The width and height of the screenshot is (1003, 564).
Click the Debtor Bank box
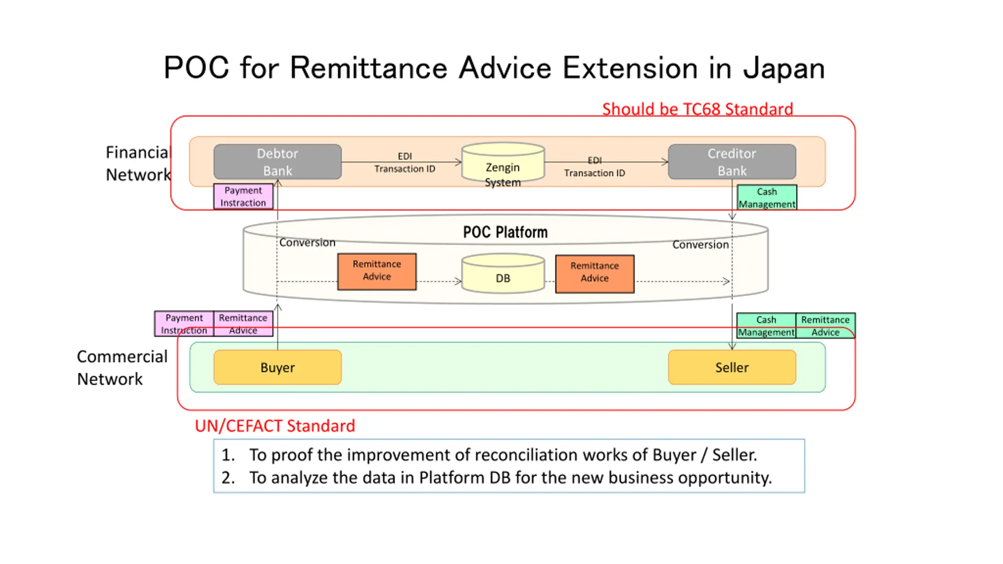pos(277,162)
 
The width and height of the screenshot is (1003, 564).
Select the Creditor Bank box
pos(731,162)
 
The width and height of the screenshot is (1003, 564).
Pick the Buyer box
pos(277,367)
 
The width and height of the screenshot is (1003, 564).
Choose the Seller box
pos(731,367)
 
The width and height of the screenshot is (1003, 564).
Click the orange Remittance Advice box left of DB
pos(377,271)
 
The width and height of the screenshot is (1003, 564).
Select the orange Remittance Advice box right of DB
pos(594,273)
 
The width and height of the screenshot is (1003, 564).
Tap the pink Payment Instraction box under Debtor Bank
pos(243,196)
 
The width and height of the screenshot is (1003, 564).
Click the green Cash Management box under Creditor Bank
pos(767,197)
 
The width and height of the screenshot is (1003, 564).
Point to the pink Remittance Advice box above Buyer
pos(243,324)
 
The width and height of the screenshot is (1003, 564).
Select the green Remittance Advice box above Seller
pos(825,325)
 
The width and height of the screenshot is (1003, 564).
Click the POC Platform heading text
pos(505,232)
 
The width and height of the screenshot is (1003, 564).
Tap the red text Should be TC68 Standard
pos(697,109)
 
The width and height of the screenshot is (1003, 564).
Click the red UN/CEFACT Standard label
pos(275,426)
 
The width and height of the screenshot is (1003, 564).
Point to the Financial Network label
pos(138,163)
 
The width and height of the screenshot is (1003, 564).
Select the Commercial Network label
pos(122,367)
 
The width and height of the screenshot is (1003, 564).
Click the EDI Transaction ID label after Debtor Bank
pos(404,163)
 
